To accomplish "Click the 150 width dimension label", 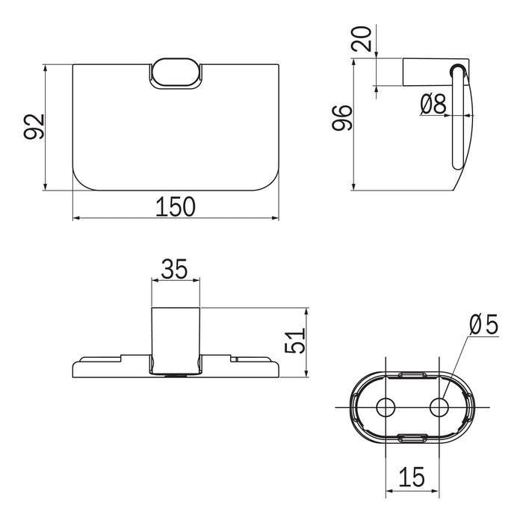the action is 176,206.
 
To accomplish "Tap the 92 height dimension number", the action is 34,126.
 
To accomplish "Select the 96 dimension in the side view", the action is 342,117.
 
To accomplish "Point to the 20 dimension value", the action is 362,39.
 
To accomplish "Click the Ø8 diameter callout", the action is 433,103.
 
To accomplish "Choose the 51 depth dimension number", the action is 295,341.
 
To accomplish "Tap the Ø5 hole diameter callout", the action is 483,324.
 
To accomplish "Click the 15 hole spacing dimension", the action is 412,477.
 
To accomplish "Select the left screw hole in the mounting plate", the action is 386,407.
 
